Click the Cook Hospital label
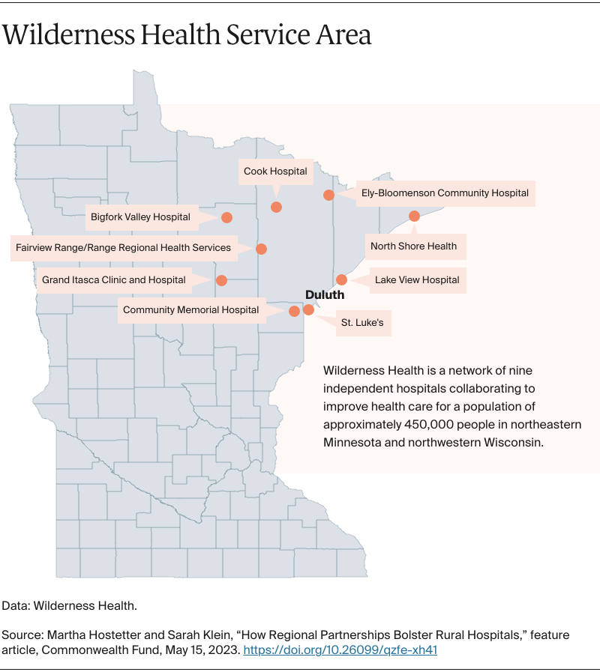click(275, 172)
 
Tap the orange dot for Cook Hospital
click(276, 207)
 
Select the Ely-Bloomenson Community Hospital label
click(445, 193)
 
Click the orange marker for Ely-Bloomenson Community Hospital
click(328, 195)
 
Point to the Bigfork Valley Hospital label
click(140, 217)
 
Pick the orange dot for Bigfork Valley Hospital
click(226, 217)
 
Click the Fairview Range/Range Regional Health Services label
click(123, 247)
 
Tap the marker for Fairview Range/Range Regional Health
click(261, 248)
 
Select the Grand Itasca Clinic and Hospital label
click(113, 280)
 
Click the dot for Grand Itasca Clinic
click(221, 280)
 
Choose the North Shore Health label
click(414, 246)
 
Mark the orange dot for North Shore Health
click(414, 216)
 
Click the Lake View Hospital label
click(417, 280)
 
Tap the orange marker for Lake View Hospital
click(341, 279)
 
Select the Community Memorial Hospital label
click(190, 310)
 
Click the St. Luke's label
click(361, 324)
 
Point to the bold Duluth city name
click(325, 295)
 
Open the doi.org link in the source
click(340, 650)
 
